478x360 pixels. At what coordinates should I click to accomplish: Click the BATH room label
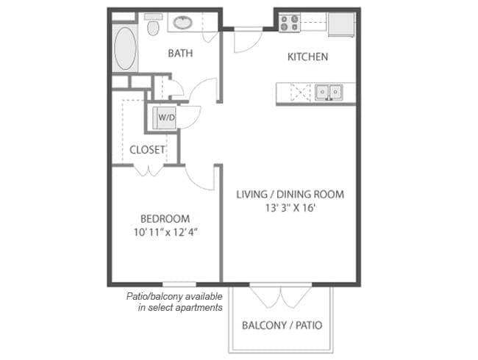[180, 54]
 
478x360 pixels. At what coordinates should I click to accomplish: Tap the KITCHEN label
[307, 57]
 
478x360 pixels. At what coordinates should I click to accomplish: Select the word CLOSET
[147, 150]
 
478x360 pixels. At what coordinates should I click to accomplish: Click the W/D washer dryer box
[164, 118]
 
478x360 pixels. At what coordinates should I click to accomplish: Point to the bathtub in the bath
[125, 48]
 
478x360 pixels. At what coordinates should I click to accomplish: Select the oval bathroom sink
[183, 23]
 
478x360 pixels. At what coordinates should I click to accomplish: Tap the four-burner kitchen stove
[290, 23]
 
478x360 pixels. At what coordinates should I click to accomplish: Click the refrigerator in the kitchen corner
[341, 24]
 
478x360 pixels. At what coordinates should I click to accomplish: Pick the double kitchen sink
[329, 92]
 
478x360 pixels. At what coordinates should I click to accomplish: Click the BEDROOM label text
[165, 219]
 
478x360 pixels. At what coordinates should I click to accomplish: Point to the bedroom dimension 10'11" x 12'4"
[165, 232]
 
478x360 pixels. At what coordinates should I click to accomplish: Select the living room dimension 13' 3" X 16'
[290, 208]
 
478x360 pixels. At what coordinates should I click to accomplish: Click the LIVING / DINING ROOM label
[290, 194]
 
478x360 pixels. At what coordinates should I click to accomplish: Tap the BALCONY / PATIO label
[282, 325]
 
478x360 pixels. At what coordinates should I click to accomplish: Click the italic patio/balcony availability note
[174, 302]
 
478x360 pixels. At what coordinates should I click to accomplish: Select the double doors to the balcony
[281, 296]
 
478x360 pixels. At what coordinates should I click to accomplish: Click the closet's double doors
[149, 170]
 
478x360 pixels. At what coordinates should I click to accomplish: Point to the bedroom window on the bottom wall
[179, 284]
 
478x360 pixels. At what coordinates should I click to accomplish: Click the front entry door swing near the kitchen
[248, 40]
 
